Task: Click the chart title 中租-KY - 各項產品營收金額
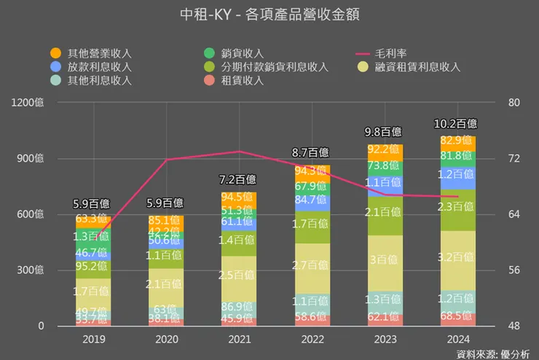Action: coord(269,14)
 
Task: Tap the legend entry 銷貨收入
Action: coord(243,53)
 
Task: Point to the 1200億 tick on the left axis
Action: coord(29,103)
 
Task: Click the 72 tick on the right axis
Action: coord(514,158)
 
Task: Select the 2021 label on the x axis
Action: coord(240,339)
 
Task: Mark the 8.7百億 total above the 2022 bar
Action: coord(311,152)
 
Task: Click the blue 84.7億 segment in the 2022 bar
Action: coord(311,199)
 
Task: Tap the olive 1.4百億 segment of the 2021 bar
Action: coord(240,240)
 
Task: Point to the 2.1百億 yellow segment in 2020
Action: coord(168,284)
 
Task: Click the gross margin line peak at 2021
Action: coord(240,152)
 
